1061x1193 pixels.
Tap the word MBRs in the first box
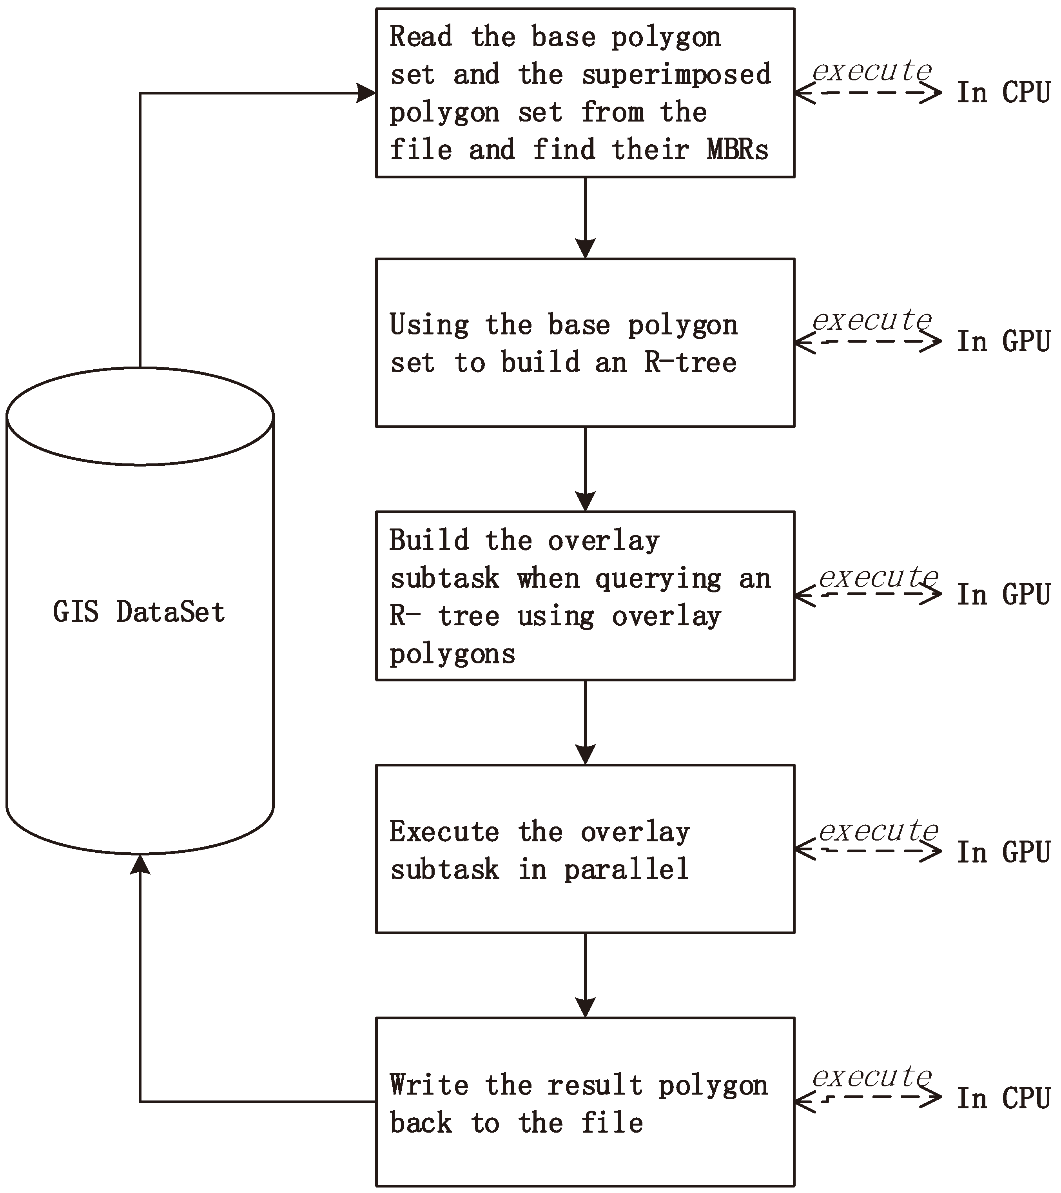pyautogui.click(x=737, y=150)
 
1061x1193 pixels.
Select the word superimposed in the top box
pyautogui.click(x=677, y=75)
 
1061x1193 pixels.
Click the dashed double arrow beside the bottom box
pyautogui.click(x=868, y=1099)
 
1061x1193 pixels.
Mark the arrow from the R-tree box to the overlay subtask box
pyautogui.click(x=585, y=470)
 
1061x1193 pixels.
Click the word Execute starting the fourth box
pyautogui.click(x=444, y=832)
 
